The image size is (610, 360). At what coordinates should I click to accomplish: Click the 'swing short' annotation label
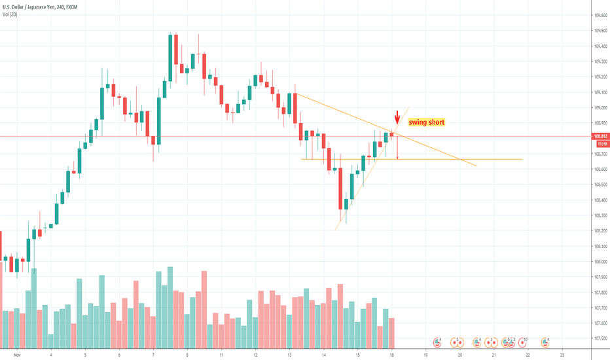click(x=426, y=122)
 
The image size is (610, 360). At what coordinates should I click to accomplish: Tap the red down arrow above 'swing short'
click(x=397, y=116)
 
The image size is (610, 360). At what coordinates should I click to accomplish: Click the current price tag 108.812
click(x=600, y=137)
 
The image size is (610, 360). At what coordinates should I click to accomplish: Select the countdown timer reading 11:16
click(x=600, y=143)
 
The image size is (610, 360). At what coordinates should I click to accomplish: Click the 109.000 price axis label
click(x=600, y=108)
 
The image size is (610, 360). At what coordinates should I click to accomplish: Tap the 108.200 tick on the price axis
click(x=600, y=231)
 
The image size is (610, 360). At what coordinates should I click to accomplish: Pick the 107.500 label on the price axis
click(x=600, y=338)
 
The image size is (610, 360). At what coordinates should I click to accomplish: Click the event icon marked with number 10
click(x=522, y=342)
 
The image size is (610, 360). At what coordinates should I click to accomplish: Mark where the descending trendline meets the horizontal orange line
click(x=462, y=159)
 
